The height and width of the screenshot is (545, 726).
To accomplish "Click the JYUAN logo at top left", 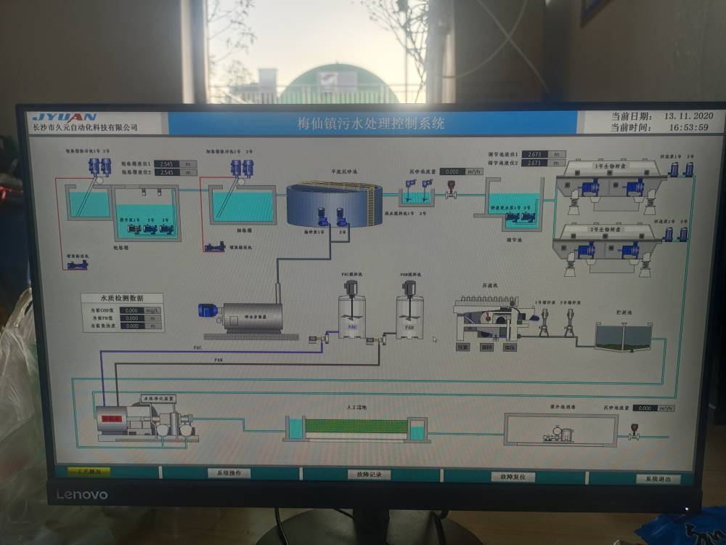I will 65,116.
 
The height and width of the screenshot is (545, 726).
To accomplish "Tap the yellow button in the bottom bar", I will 89,471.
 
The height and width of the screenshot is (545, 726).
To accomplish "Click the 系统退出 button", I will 658,479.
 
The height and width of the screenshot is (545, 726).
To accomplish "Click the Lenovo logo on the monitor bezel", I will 82,495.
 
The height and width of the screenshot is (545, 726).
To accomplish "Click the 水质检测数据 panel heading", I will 121,298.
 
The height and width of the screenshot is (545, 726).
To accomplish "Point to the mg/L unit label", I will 152,310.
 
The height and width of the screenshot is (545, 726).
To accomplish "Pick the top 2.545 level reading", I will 167,164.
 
